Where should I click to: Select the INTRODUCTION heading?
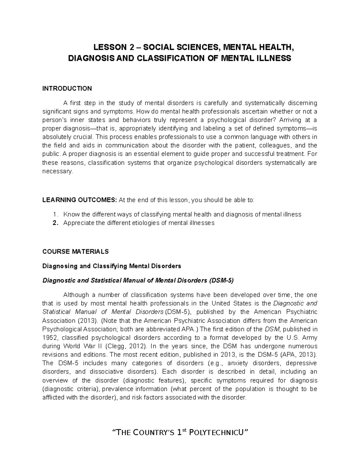(67, 89)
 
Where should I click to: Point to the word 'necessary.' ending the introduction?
(58, 172)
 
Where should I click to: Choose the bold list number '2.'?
(55, 223)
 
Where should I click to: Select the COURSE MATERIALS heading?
(75, 251)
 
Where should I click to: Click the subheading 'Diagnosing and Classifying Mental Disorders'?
(112, 266)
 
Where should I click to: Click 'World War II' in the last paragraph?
(76, 346)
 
